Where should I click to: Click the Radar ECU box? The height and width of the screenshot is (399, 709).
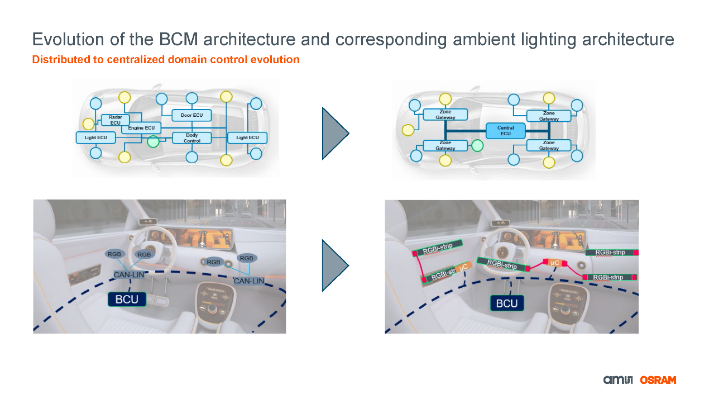(x=115, y=120)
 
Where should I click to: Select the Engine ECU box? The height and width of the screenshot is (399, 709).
(x=141, y=128)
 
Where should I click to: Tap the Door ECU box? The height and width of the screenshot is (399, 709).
(x=191, y=115)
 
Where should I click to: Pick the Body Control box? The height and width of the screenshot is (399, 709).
(x=191, y=138)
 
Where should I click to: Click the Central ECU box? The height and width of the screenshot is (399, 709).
(x=505, y=131)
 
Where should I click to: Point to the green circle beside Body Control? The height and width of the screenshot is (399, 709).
(x=153, y=142)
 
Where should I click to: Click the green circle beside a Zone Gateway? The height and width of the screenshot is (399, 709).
(x=477, y=146)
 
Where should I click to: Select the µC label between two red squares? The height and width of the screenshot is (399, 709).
(x=554, y=263)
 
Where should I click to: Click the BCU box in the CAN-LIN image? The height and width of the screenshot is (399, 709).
(x=127, y=300)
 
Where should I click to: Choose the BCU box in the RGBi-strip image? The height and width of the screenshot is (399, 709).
(x=507, y=303)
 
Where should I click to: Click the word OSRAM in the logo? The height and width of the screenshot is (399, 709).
(x=658, y=380)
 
